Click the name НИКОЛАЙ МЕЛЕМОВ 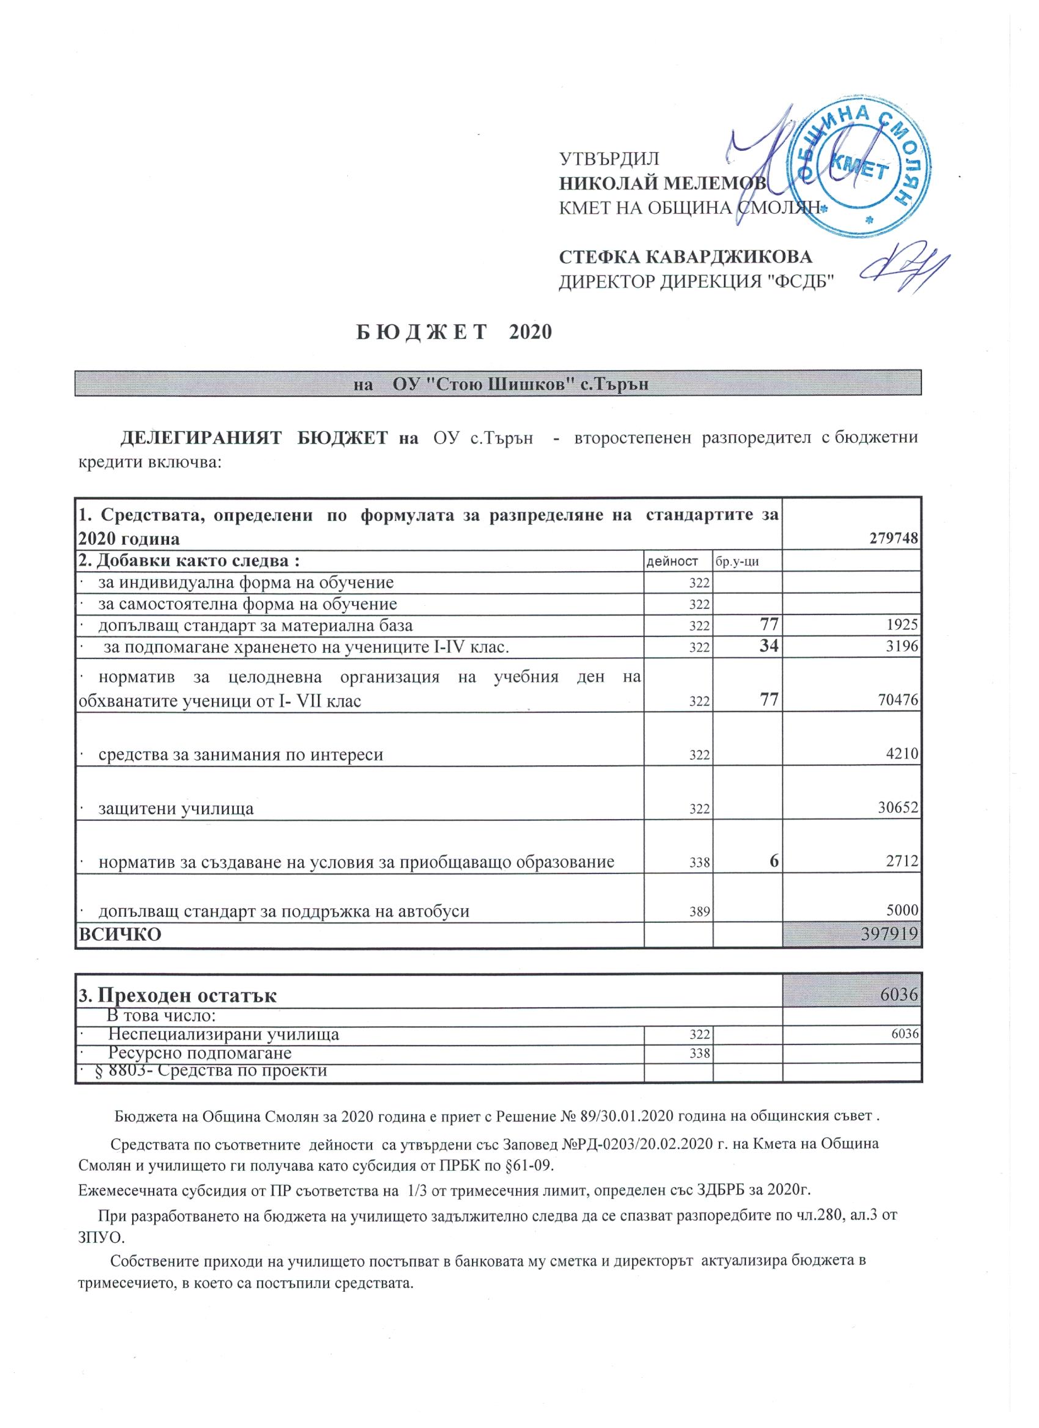coord(661,183)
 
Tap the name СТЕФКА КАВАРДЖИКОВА coord(686,257)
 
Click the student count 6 coord(773,861)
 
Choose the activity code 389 coord(699,912)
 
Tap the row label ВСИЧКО coord(119,934)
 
